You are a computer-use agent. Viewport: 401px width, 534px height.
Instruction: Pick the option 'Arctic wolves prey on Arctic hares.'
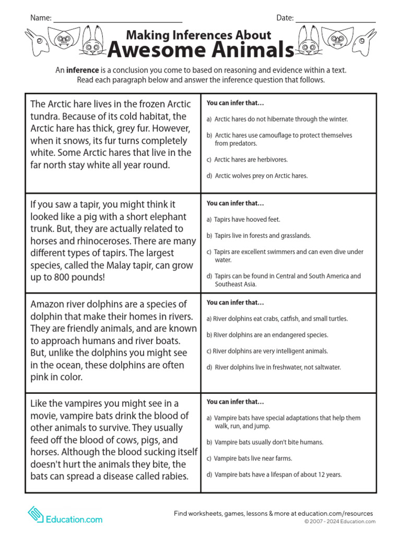coord(261,176)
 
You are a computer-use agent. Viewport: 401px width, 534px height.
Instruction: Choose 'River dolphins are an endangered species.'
coord(267,335)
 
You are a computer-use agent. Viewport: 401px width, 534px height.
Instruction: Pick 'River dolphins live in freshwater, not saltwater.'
coord(277,367)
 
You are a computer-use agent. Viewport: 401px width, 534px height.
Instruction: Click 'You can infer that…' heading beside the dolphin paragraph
coord(235,302)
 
